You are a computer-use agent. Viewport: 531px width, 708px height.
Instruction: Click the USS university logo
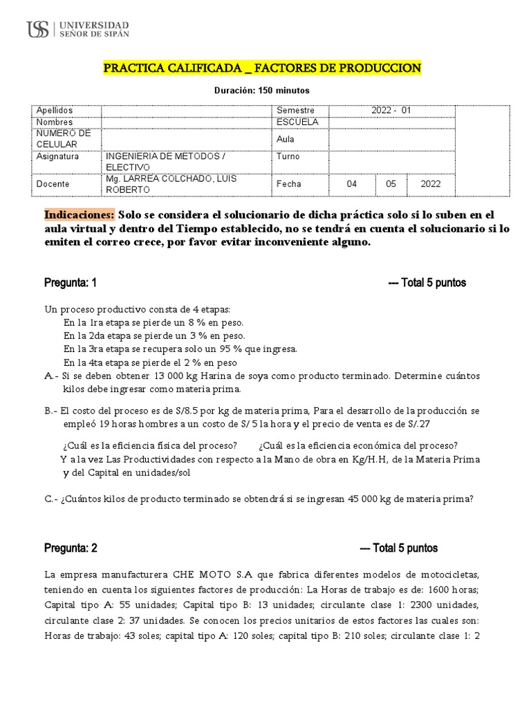(77, 28)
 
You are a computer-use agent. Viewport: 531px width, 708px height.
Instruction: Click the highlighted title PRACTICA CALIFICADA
(261, 68)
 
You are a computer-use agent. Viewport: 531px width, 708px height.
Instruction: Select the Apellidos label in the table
(55, 111)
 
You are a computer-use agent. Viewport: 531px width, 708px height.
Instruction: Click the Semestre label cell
(295, 111)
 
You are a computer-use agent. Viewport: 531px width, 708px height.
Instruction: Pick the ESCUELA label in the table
(297, 122)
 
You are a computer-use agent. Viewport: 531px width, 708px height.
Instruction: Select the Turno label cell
(288, 157)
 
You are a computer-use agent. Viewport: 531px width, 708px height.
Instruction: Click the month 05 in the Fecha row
(391, 185)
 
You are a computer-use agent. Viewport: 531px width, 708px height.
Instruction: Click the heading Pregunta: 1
(71, 283)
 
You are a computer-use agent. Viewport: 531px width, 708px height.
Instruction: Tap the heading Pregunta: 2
(71, 548)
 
